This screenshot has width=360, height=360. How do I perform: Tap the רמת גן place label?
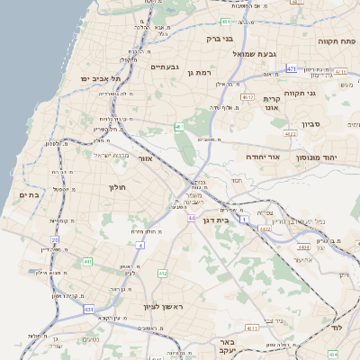(x=199, y=72)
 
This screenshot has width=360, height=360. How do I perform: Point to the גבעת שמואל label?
(x=259, y=54)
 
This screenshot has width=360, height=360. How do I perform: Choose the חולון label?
(x=119, y=187)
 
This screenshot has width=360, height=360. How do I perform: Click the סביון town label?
(x=312, y=123)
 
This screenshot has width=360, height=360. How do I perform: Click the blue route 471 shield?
(x=291, y=68)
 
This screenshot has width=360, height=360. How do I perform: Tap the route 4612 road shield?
(x=247, y=95)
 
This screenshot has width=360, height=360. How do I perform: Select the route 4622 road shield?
(x=290, y=133)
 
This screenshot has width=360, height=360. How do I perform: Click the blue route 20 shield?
(x=54, y=239)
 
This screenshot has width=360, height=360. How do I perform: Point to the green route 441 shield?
(x=87, y=262)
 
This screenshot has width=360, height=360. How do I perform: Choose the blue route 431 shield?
(x=88, y=309)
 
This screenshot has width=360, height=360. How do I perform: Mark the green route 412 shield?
(x=162, y=273)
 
